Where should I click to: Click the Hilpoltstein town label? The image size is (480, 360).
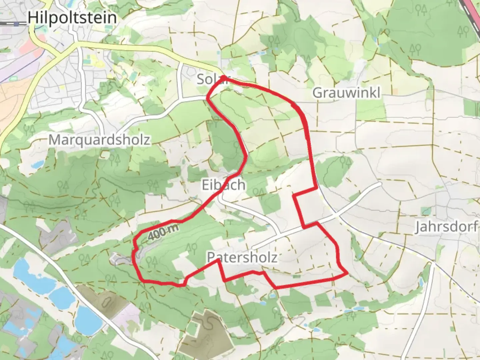tap(72, 17)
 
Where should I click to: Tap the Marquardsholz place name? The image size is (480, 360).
tap(99, 140)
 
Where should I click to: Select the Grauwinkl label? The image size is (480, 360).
tap(346, 93)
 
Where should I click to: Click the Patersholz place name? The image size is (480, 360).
tap(242, 257)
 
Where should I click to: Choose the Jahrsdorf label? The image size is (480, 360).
tap(446, 227)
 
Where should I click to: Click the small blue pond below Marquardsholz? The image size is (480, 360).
tap(38, 164)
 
